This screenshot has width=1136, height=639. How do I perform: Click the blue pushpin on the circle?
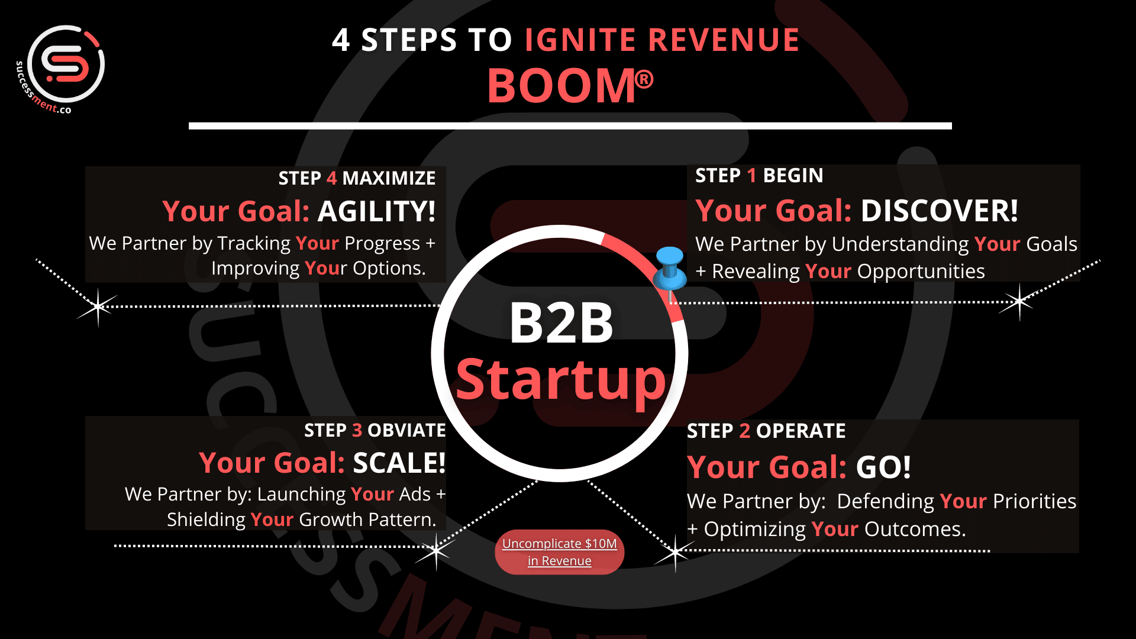coord(670,269)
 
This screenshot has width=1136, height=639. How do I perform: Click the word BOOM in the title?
coord(561,86)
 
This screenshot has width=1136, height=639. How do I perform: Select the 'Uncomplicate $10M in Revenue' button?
coord(560,552)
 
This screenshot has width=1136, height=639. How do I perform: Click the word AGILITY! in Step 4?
coord(377,211)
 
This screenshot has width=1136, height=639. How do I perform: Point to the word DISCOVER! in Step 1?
coord(940,211)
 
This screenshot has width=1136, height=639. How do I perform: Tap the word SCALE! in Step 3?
coord(399,463)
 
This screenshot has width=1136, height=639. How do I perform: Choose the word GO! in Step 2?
coord(883,467)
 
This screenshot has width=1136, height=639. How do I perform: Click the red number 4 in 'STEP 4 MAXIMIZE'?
coord(331,178)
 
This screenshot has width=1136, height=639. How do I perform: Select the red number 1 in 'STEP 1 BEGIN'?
coord(752,176)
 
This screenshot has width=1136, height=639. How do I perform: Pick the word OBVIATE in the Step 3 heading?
coord(407,430)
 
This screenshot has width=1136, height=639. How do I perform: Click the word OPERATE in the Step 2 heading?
coord(801,431)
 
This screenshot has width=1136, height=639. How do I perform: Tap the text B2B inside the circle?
coord(561,323)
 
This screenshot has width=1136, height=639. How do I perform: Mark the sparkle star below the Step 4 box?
coord(98,306)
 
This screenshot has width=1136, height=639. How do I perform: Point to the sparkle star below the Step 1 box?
coord(1019,302)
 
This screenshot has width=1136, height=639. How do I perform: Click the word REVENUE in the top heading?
coord(724,40)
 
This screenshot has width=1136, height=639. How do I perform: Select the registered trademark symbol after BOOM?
coord(644,79)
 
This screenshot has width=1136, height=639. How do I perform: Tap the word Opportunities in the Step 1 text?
coord(921,272)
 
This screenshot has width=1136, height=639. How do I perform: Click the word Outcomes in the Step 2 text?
coord(915,529)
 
